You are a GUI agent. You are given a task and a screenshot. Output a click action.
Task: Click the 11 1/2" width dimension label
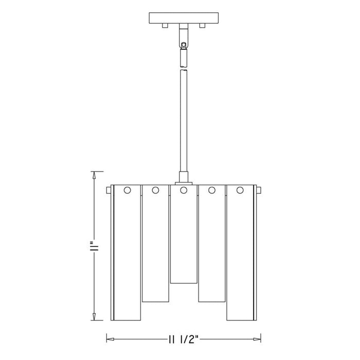[x=182, y=339]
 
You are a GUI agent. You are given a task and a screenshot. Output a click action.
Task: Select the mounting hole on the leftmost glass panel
[x=127, y=191]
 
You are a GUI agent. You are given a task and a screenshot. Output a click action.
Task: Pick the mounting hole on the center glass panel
[x=183, y=191]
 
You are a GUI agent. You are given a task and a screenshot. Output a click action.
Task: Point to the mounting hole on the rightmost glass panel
[x=240, y=191]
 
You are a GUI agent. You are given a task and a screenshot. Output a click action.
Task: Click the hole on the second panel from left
[x=155, y=191]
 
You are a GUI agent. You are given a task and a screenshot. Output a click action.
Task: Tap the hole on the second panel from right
[x=211, y=191]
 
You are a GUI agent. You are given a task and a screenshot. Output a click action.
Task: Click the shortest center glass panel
[x=184, y=237]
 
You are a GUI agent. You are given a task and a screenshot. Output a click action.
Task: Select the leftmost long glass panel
[x=127, y=257]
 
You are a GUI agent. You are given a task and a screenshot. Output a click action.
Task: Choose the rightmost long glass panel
[x=240, y=257]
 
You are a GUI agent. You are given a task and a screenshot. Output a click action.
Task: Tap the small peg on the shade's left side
[x=108, y=191]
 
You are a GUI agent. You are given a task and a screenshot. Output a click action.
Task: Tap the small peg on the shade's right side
[x=259, y=191]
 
